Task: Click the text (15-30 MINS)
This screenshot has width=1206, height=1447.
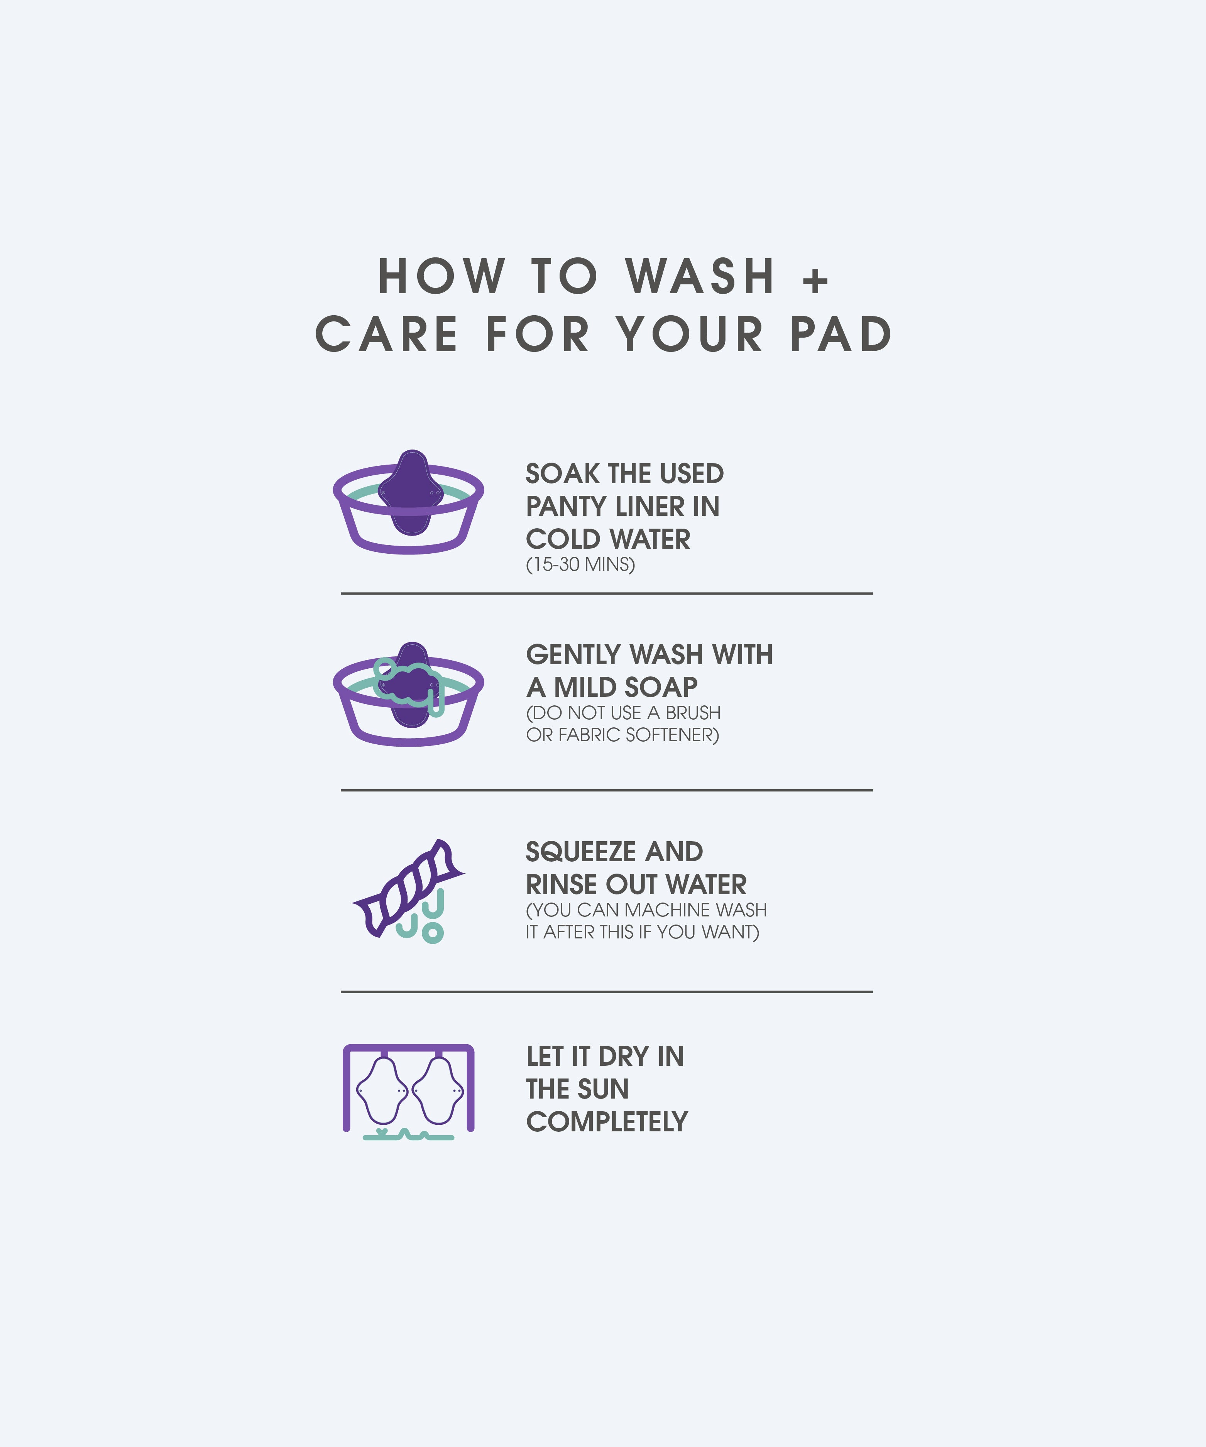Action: tap(580, 564)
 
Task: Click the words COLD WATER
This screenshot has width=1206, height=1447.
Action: tap(608, 539)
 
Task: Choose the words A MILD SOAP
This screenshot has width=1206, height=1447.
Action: tap(612, 687)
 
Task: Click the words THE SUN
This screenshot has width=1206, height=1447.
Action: tap(577, 1089)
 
